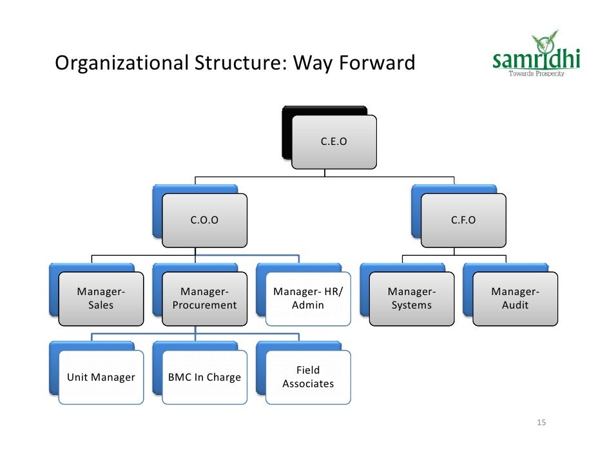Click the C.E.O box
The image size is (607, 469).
(334, 142)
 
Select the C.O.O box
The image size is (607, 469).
(204, 220)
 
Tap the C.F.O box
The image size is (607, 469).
(463, 220)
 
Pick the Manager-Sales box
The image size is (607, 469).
(101, 299)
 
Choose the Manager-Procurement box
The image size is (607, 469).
(204, 299)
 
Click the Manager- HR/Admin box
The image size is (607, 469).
(308, 299)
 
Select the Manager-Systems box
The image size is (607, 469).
(412, 299)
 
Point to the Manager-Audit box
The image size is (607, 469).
(515, 299)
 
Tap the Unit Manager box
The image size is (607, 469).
(101, 378)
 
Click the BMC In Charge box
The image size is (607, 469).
(204, 378)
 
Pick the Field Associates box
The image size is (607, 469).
(308, 378)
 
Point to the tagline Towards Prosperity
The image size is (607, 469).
(536, 74)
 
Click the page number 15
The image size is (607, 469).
(541, 423)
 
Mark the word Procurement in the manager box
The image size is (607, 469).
(204, 305)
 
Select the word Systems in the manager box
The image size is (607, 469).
(412, 305)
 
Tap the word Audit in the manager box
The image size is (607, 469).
(515, 305)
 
